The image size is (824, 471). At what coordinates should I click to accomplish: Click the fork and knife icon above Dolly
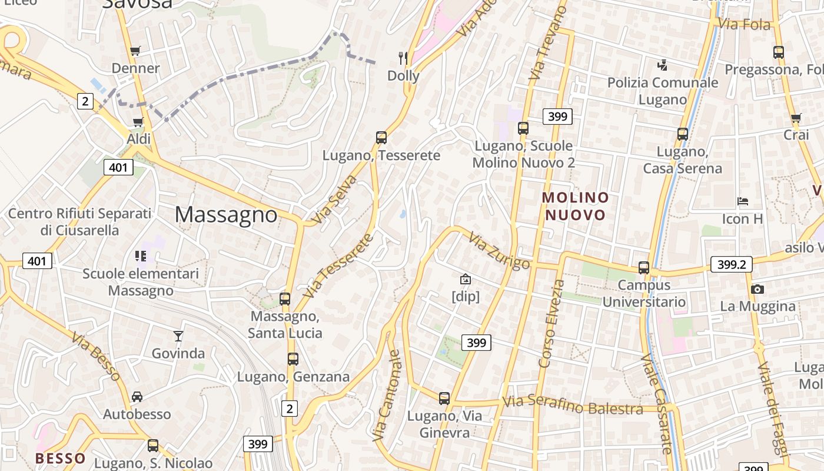pyautogui.click(x=403, y=58)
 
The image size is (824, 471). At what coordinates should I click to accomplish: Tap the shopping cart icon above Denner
pyautogui.click(x=135, y=51)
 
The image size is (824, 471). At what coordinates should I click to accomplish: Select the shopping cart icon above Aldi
pyautogui.click(x=138, y=122)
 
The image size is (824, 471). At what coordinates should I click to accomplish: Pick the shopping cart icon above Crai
pyautogui.click(x=796, y=118)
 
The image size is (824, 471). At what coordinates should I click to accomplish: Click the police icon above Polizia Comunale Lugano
pyautogui.click(x=663, y=65)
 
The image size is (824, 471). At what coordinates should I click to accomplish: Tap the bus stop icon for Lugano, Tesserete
pyautogui.click(x=381, y=138)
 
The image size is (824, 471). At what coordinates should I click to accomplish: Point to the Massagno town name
pyautogui.click(x=226, y=214)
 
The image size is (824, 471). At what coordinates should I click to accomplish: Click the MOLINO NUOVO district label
pyautogui.click(x=575, y=206)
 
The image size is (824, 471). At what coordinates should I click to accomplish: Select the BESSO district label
pyautogui.click(x=61, y=458)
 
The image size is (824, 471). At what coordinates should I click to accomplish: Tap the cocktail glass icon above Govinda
pyautogui.click(x=178, y=336)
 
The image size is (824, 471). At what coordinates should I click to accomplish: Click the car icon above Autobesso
pyautogui.click(x=137, y=397)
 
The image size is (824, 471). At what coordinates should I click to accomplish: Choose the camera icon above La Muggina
pyautogui.click(x=757, y=289)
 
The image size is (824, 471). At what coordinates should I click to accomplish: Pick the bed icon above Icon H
pyautogui.click(x=743, y=201)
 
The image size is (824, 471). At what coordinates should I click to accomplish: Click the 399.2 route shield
pyautogui.click(x=732, y=265)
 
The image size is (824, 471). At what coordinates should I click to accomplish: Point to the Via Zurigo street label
pyautogui.click(x=500, y=251)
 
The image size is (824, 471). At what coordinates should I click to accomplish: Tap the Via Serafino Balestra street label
pyautogui.click(x=573, y=406)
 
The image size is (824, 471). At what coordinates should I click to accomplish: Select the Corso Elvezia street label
pyautogui.click(x=551, y=324)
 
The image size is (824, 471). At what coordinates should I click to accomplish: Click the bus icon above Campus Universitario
pyautogui.click(x=644, y=268)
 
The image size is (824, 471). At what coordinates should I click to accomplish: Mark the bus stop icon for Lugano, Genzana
pyautogui.click(x=293, y=359)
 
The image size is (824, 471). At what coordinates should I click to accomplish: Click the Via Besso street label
pyautogui.click(x=96, y=356)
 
